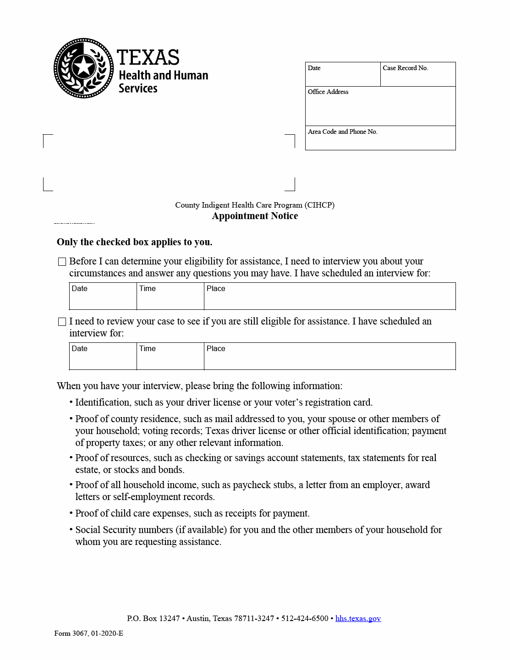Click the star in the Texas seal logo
84,67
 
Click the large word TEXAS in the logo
148,58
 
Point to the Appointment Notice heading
255,216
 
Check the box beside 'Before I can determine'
62,262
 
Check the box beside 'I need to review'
62,322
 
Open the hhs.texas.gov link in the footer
358,618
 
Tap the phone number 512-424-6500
305,618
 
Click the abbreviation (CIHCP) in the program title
320,205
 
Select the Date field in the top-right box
343,74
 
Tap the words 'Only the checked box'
107,242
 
